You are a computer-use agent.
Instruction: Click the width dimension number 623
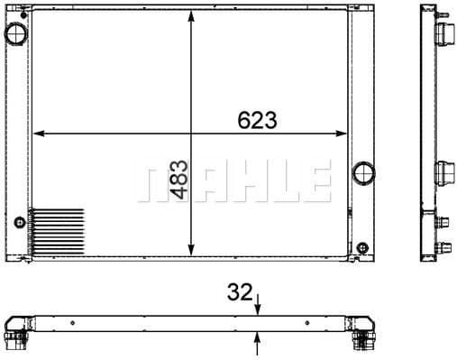coord(257,119)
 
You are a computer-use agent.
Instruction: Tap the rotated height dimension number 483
coord(178,180)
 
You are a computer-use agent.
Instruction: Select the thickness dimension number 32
coord(239,292)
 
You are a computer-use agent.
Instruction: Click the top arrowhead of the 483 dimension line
coord(191,20)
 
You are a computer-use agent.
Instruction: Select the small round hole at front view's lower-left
coord(19,221)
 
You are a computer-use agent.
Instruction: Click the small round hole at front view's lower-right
coord(362,246)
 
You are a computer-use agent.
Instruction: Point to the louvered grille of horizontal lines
coord(56,231)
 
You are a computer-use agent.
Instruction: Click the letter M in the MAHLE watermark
coord(159,183)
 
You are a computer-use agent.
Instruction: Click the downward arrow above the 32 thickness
coord(259,305)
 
